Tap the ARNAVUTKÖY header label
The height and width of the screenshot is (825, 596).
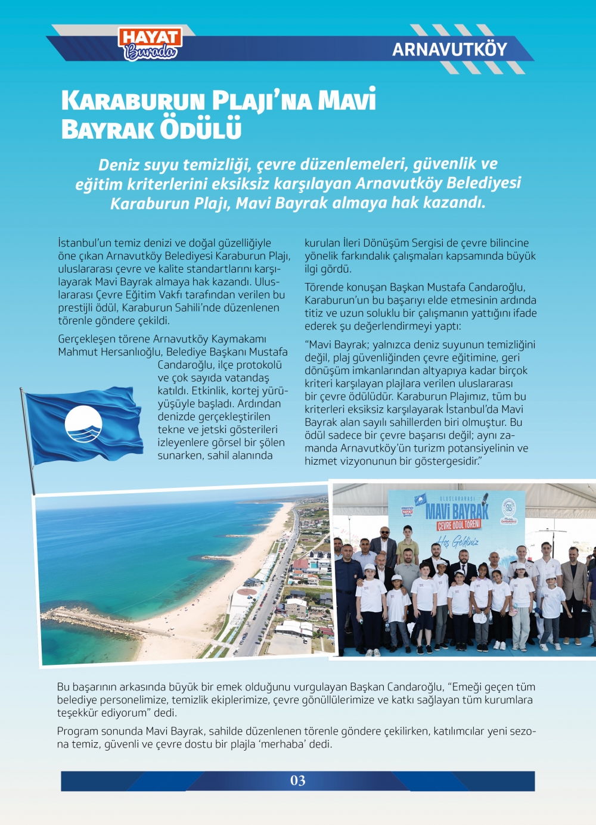pos(449,49)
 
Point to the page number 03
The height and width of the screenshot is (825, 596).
pos(297,780)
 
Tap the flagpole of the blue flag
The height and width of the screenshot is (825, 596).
pos(28,441)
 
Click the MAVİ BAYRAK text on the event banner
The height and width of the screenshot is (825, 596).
pos(457,510)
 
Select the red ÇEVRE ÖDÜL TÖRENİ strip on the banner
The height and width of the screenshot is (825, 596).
pos(458,525)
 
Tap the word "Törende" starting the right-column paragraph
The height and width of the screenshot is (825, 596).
pos(324,287)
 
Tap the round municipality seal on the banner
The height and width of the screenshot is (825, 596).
pos(508,508)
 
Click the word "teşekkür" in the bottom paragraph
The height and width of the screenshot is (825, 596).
pos(77,712)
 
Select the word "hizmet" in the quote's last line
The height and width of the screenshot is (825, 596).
pos(321,461)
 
